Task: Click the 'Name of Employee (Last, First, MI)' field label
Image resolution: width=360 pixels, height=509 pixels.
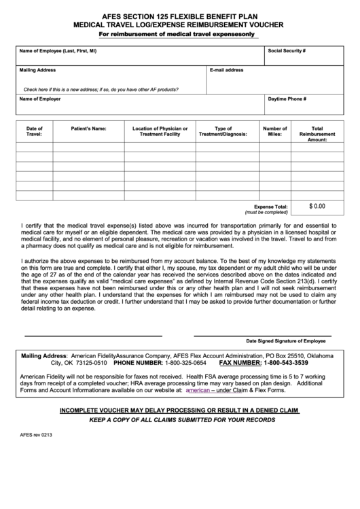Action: (58, 51)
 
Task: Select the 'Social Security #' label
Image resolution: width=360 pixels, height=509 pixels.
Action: (287, 51)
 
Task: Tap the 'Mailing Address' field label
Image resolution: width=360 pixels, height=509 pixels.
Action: (37, 70)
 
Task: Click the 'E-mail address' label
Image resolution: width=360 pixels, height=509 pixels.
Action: (226, 70)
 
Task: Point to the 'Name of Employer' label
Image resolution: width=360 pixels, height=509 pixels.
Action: (39, 99)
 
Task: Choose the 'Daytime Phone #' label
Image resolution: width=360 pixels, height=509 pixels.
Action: (287, 99)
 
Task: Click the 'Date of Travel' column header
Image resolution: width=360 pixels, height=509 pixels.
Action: (34, 131)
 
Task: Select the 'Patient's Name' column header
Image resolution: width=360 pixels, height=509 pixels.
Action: (88, 128)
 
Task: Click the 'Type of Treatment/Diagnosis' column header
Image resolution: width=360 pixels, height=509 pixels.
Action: (223, 131)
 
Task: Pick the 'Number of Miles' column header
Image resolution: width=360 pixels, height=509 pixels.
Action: (274, 131)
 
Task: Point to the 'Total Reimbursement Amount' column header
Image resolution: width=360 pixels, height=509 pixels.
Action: (317, 133)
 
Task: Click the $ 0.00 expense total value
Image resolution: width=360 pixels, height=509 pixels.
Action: (317, 205)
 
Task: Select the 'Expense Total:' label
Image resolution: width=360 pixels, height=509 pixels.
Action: (270, 207)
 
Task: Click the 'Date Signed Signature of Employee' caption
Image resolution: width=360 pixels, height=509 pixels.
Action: (285, 341)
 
